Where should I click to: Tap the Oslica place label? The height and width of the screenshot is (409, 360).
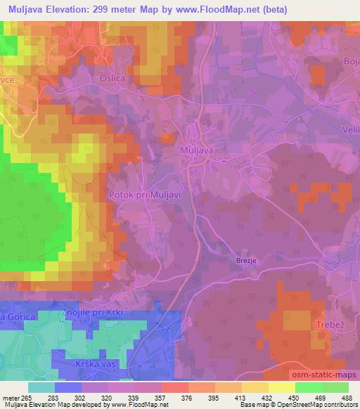click(x=114, y=79)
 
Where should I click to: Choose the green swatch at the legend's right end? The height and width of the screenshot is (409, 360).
click(x=335, y=387)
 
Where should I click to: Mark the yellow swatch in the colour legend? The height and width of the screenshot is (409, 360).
click(x=282, y=387)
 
